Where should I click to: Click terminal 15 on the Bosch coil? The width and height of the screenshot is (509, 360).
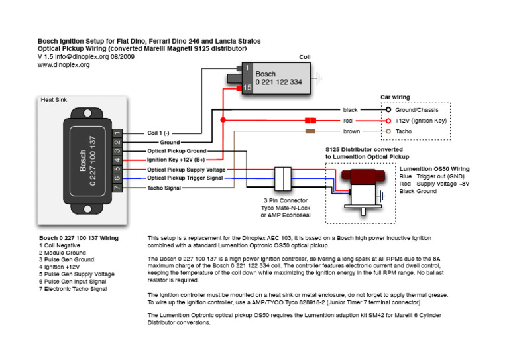[x=247, y=87]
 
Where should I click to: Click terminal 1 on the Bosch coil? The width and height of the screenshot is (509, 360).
[x=247, y=68]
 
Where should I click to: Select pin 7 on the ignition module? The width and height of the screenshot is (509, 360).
[x=117, y=188]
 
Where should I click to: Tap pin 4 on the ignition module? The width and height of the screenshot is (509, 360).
[x=117, y=160]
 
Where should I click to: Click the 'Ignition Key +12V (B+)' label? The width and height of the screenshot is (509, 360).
[x=175, y=160]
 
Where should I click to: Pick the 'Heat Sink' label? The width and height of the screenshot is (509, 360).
[x=54, y=100]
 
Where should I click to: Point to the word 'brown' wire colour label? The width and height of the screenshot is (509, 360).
[x=352, y=132]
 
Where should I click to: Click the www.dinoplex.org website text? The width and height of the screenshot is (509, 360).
[x=64, y=65]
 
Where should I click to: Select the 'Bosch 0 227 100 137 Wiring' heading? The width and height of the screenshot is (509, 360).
[x=79, y=237]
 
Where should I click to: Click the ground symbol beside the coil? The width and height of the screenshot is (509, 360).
[x=320, y=78]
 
